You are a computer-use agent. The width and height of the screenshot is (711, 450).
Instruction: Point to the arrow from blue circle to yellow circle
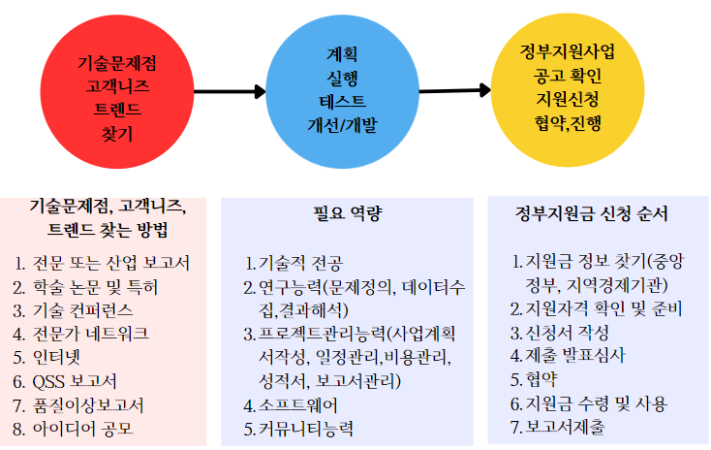(454, 90)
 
